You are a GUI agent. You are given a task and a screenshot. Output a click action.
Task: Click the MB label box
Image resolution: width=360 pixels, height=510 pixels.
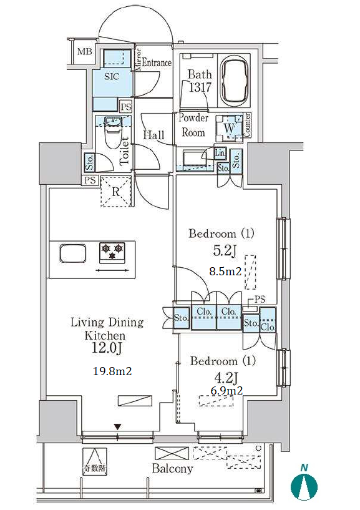85,51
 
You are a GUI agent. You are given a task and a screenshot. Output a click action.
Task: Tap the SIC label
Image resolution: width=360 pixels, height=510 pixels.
112,76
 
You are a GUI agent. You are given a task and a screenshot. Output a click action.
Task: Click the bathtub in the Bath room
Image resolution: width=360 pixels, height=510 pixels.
234,80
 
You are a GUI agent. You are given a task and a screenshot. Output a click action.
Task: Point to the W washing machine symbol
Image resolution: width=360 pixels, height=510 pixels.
229,128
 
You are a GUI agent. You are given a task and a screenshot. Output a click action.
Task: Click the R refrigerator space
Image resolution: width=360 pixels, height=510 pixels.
116,191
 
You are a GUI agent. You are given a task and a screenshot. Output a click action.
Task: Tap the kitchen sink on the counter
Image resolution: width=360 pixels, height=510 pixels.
73,253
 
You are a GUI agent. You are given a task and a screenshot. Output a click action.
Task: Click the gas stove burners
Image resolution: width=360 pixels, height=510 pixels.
112,252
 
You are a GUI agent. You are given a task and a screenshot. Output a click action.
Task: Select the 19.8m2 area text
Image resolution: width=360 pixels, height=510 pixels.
112,371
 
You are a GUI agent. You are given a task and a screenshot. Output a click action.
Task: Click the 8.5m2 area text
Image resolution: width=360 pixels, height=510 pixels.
225,271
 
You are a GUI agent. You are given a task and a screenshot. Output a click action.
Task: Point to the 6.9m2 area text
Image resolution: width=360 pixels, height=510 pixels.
226,390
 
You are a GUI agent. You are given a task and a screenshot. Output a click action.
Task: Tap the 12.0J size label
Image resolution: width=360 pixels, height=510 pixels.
107,348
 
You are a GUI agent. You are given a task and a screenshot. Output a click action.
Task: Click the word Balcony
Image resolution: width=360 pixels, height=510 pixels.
172,468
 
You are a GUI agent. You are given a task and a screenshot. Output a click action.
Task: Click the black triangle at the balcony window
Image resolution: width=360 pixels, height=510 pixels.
118,427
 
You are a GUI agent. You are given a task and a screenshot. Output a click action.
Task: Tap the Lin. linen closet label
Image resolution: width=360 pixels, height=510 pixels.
220,152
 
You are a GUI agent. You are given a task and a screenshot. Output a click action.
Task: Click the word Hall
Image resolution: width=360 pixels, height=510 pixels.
153,135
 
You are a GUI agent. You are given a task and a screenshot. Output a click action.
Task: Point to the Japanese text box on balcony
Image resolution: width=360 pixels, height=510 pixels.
94,461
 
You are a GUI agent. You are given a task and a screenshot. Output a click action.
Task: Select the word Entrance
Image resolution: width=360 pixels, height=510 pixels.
157,62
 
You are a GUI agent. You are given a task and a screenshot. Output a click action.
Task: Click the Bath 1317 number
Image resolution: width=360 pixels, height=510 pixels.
200,87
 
